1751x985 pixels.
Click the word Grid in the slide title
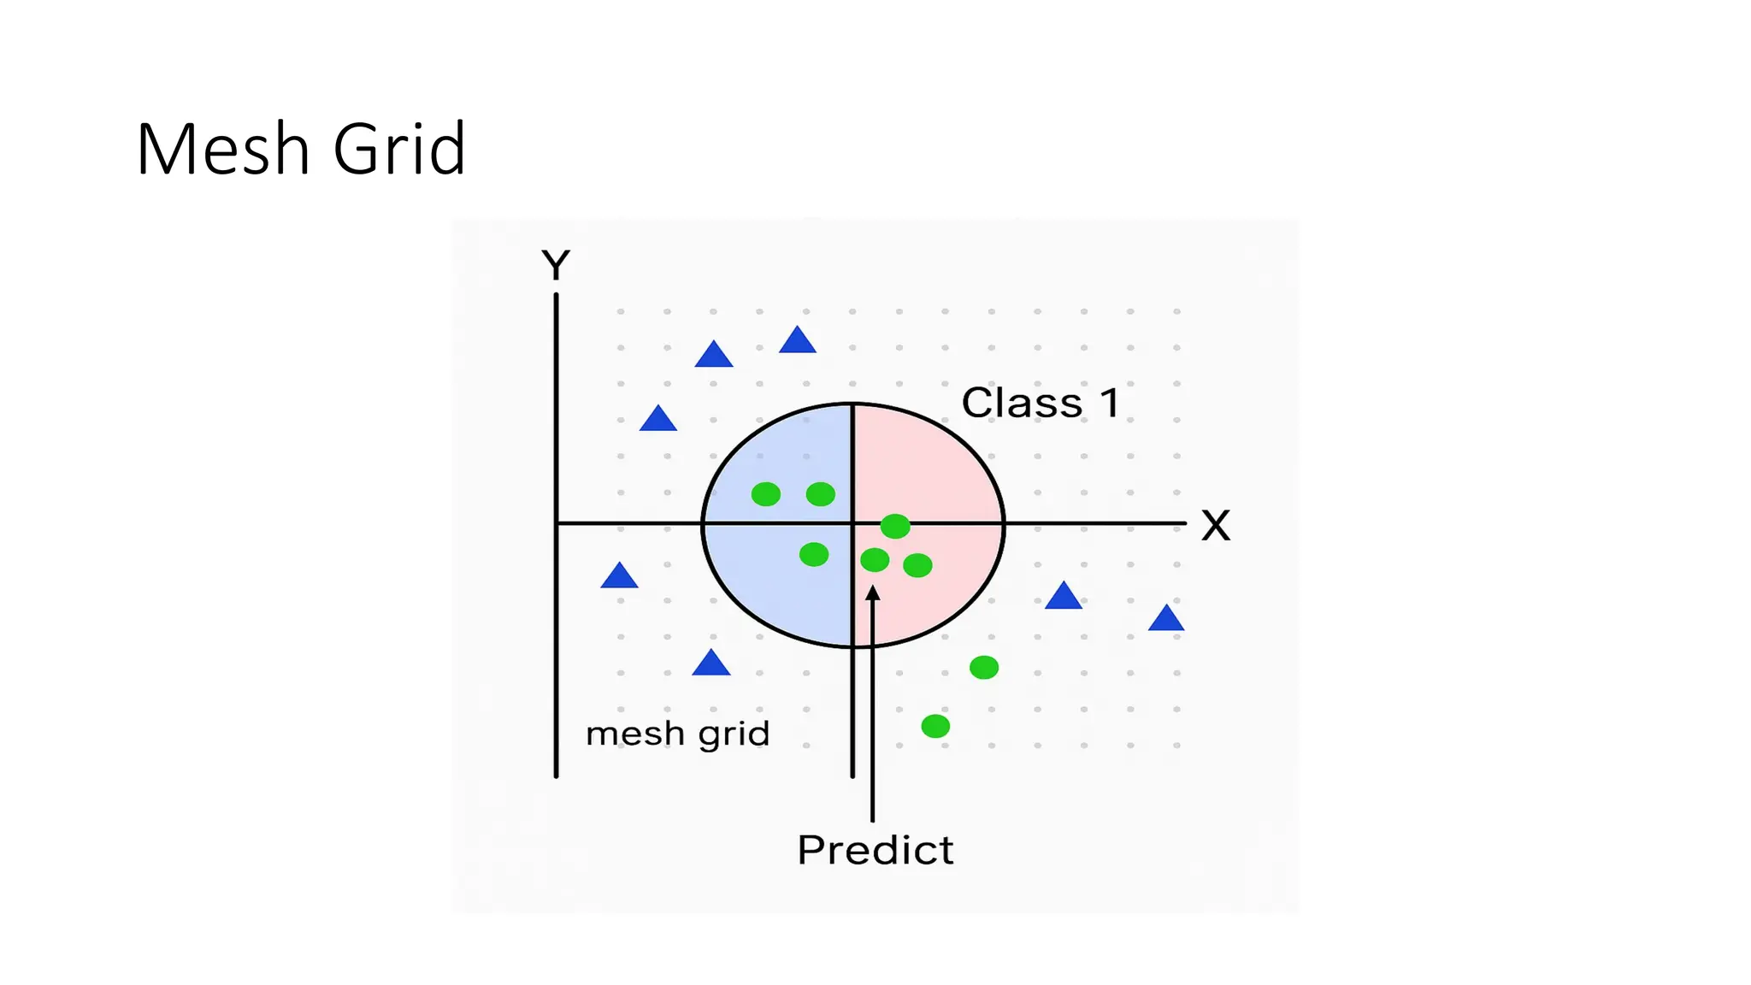[399, 150]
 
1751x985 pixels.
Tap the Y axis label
[556, 265]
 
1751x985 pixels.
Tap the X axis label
[1215, 526]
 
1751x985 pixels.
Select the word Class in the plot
[1022, 403]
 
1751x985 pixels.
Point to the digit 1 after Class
[1110, 403]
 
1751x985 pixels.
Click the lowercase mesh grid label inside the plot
[677, 734]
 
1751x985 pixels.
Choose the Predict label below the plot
[875, 850]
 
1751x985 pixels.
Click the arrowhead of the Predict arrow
[872, 593]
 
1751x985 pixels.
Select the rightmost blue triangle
[1166, 619]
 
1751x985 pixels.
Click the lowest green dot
[935, 727]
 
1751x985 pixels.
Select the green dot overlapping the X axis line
[895, 526]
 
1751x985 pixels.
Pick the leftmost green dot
[765, 494]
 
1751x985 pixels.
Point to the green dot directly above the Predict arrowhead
[875, 560]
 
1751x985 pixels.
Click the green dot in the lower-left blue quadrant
[814, 554]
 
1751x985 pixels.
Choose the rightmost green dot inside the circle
[917, 565]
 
